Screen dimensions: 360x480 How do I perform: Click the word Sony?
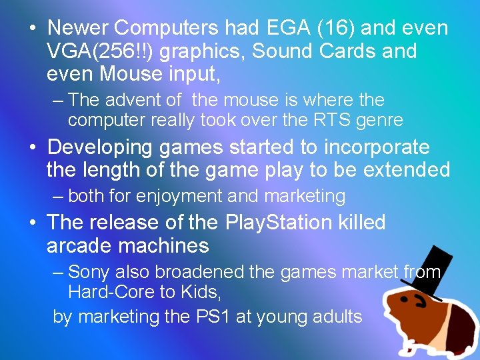[89, 272]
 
